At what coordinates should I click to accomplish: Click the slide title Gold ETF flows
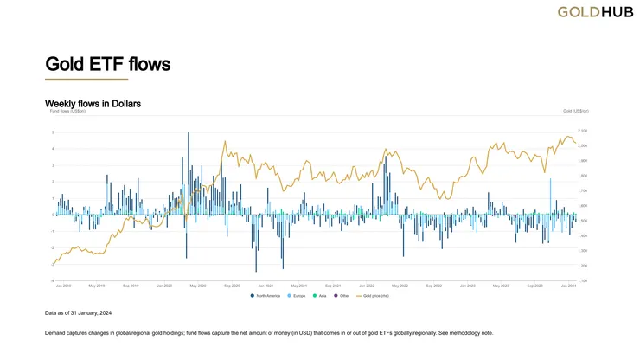tap(107, 64)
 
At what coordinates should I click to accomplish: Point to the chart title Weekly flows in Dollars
tap(93, 104)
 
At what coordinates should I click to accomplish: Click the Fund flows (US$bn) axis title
tap(65, 112)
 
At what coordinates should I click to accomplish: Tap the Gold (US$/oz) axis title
tap(574, 112)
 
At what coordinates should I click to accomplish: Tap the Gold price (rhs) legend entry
tap(373, 295)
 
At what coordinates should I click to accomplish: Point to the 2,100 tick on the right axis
tap(581, 131)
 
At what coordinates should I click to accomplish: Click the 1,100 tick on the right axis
tap(581, 280)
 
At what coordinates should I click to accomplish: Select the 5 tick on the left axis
tap(53, 132)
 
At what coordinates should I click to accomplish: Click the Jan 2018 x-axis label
tap(63, 286)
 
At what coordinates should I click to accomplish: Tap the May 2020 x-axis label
tap(197, 286)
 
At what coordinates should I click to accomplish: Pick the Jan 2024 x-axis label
tap(568, 286)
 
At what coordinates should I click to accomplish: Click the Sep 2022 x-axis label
tap(432, 286)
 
